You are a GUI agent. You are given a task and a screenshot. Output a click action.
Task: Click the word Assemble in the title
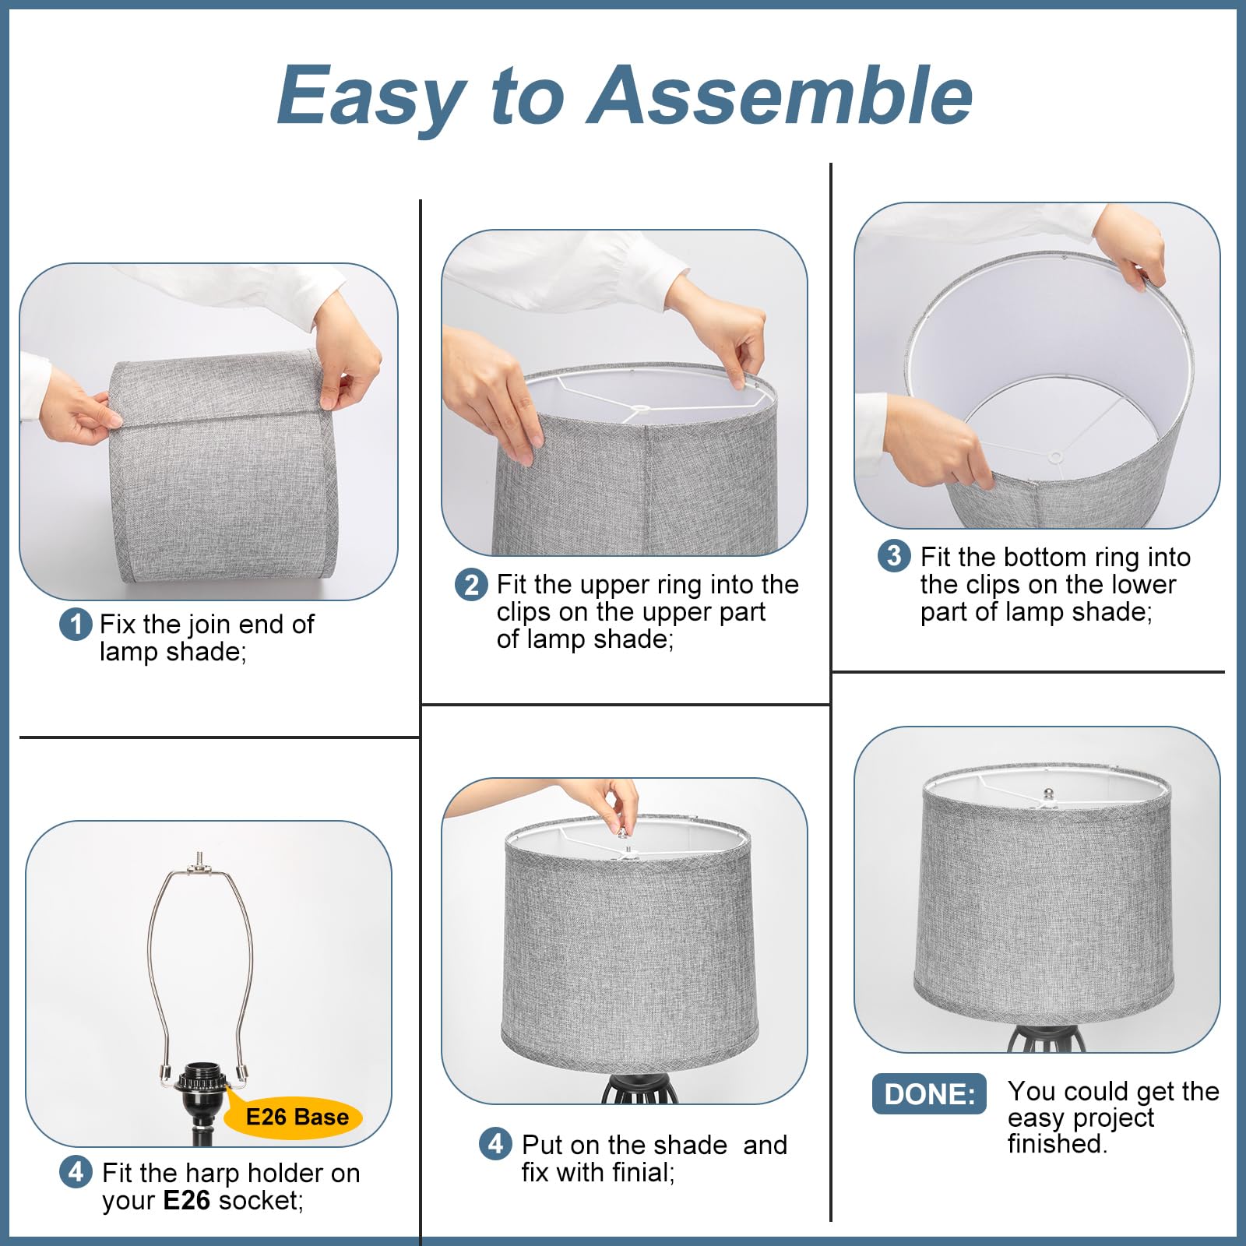click(779, 95)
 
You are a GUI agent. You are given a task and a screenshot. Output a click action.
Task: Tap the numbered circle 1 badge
click(76, 625)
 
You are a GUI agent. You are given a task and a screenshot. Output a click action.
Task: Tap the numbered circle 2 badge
click(471, 585)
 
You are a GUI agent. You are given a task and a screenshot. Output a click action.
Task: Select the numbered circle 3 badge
click(894, 556)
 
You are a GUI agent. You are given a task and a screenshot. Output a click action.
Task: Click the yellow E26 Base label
click(297, 1118)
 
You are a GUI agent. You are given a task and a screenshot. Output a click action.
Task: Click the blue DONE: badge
click(929, 1094)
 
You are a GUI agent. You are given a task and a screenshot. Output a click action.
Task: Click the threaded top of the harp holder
click(200, 857)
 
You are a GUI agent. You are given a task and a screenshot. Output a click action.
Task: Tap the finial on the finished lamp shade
click(1048, 794)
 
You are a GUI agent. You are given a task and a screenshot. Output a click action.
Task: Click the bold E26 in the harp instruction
click(186, 1200)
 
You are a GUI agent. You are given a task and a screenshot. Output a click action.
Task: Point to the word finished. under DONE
click(1057, 1144)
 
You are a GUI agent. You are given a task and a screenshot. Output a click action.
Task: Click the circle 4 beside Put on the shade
click(495, 1145)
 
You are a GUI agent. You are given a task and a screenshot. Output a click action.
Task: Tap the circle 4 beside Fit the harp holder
click(76, 1172)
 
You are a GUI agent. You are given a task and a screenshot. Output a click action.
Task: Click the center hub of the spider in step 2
click(640, 408)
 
